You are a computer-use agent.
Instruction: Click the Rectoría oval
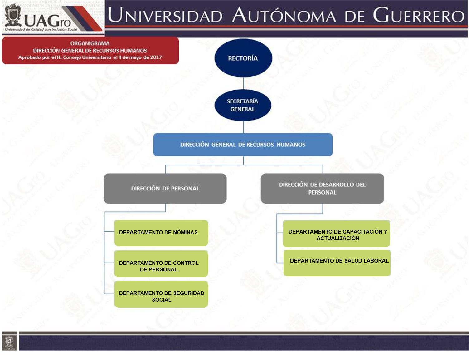(243, 58)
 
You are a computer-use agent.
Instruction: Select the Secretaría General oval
(243, 105)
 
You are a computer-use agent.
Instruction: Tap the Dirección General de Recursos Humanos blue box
(243, 145)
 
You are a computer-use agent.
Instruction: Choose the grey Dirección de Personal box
(165, 189)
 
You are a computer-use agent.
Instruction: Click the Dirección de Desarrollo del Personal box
(322, 189)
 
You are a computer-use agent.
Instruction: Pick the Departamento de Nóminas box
(161, 233)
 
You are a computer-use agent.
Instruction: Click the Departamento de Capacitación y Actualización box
(336, 234)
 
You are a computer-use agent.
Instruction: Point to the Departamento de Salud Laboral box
(337, 263)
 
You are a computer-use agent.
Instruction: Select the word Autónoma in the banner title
(284, 15)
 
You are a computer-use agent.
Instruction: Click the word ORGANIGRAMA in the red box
(90, 43)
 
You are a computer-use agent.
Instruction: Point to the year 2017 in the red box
(156, 57)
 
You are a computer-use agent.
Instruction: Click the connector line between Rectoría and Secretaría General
(243, 83)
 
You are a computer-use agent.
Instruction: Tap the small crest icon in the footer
(9, 341)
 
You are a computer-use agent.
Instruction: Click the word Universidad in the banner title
(165, 16)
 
